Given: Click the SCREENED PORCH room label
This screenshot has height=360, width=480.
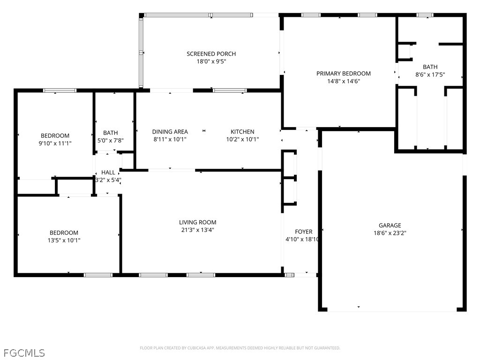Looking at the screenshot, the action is pos(211,54).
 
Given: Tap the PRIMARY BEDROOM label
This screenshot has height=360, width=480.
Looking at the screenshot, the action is pos(344,74).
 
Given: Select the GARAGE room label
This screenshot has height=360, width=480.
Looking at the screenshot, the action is pos(390,225).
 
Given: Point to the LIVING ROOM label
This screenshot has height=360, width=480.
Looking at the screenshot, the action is pos(197,222).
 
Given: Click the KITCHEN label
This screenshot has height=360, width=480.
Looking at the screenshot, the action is pos(242,132).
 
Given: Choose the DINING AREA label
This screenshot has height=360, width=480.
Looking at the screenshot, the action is pos(170,132).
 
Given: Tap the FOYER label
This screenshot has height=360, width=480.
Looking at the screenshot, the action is pos(304,232).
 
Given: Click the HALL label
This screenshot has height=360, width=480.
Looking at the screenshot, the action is pos(108,172).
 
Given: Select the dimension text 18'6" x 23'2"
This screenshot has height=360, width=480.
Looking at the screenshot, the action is pos(390,233).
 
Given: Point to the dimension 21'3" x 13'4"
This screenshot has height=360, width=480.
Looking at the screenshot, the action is pos(197,230).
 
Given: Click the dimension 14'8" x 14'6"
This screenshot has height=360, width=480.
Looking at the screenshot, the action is pos(344,81).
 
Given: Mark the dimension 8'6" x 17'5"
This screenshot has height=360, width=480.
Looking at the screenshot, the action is pos(430,75).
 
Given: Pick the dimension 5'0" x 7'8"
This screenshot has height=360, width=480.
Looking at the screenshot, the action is pos(110,141).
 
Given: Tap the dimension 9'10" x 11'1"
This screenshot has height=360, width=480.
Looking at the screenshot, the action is pos(55,143).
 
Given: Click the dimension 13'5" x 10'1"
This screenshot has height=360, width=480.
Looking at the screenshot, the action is pos(64,240).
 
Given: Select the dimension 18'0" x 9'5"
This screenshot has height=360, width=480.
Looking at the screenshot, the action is pos(211,61).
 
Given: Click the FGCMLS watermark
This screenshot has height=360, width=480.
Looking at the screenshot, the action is pos(24,353).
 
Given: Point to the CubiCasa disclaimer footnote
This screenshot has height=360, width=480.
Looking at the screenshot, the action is pos(240,348).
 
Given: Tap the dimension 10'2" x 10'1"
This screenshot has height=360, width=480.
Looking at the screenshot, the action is pos(242,139).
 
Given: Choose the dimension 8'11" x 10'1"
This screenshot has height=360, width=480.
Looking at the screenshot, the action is pos(170,139).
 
